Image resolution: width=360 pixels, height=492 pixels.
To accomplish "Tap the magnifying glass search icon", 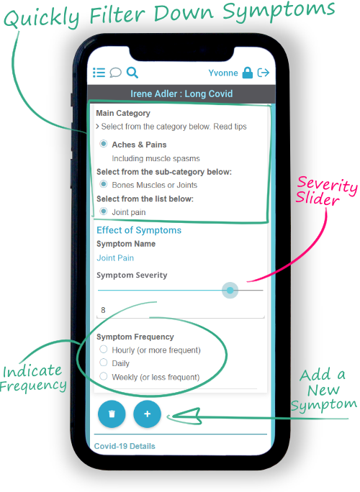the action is pos(132,73).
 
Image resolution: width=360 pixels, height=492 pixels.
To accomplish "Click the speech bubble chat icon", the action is pos(115,73).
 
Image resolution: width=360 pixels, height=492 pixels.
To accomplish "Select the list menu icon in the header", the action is pos(99,73).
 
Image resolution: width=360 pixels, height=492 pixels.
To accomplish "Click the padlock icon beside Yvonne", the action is pos(248,73).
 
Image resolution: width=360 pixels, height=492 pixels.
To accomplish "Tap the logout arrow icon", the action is pos(264,73).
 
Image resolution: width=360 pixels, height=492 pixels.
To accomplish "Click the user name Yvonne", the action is pos(223,73).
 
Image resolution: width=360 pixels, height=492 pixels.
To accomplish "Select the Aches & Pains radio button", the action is pos(104,144).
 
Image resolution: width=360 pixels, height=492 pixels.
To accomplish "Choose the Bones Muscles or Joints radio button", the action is pos(104,184).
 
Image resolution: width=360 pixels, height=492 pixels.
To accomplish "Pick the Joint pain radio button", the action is pos(104,211).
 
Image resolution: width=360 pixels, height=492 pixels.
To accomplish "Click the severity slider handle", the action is pos(230,291).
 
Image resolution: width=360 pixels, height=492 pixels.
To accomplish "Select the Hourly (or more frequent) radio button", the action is pos(104,350).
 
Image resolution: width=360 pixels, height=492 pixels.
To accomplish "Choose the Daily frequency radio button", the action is pos(104,363).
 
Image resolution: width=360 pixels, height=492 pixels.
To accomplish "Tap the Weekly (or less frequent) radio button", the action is pos(104,376).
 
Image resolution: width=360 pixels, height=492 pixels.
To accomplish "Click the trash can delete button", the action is pos(112,414).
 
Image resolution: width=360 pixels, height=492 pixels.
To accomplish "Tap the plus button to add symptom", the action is pos(148,414).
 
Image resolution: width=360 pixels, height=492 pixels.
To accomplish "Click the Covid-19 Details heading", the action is pos(125,446).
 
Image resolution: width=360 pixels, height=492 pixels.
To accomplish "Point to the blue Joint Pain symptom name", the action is pos(115,258).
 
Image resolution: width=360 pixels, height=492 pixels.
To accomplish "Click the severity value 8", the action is pos(103,310).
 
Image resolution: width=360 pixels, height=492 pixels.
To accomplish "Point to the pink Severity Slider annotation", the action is pos(327,191).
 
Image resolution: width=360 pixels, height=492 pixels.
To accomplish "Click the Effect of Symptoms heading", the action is pos(139,230).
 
